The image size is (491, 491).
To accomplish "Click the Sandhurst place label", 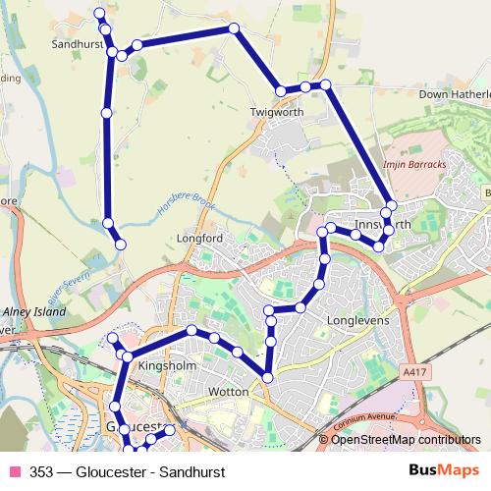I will pos(79,45).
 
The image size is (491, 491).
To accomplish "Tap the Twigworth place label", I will pos(277,113).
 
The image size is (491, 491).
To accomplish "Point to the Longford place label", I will pos(199,238).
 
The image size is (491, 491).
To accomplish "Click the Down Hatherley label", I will pos(454,94).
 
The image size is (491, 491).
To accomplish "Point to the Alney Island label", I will pos(34,311).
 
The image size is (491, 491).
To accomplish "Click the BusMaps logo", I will pos(444,470).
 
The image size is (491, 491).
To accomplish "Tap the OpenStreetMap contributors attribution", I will pos(406,441).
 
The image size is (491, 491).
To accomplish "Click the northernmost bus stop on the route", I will pos(98,13).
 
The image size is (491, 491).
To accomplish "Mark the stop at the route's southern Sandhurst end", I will pos(121,244).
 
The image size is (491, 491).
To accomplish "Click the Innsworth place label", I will pos(383,225).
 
